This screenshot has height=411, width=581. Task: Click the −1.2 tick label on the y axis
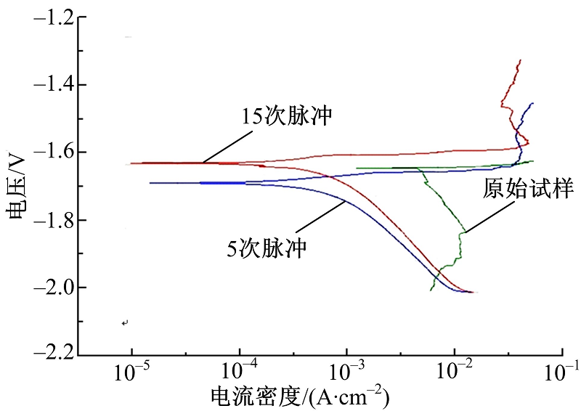tap(52, 17)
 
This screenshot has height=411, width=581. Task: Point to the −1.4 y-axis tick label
tap(52, 85)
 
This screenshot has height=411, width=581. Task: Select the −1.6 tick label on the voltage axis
tap(52, 152)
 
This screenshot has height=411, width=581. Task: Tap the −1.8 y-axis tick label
tap(52, 220)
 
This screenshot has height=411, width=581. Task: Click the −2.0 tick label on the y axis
tap(52, 288)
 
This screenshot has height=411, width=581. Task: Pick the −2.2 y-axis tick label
tap(52, 355)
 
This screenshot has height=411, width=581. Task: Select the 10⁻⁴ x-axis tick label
tap(239, 373)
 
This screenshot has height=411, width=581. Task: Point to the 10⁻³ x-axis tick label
tap(347, 373)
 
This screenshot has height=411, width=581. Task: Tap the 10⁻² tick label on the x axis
tap(455, 373)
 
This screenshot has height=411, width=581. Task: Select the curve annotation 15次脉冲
tap(288, 116)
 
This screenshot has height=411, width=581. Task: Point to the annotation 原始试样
tap(528, 190)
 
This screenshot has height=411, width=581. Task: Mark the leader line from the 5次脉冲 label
tap(320, 219)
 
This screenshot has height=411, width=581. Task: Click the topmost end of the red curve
tap(520, 60)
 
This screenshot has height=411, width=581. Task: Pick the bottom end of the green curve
tap(431, 290)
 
